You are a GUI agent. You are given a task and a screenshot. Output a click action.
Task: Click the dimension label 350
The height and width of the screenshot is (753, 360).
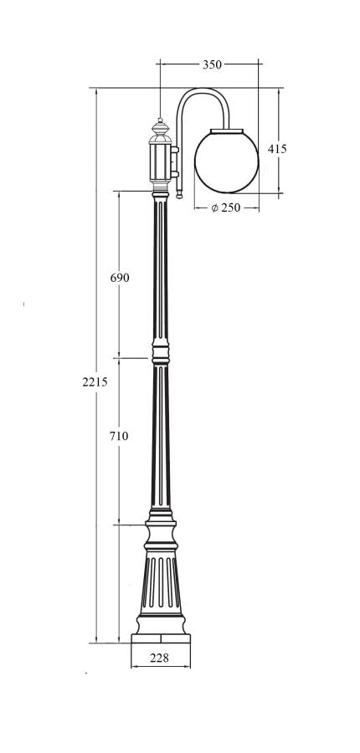212,64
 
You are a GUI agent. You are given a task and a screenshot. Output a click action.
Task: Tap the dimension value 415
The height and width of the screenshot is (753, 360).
277,149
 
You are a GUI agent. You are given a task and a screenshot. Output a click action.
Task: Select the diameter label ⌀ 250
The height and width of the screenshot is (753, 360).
226,208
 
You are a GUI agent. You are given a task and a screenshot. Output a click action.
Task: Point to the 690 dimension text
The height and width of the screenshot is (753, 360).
120,278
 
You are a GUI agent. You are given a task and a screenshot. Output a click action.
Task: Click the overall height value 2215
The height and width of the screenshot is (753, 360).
95,382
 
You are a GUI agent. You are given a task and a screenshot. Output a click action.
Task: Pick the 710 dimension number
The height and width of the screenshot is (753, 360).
119,436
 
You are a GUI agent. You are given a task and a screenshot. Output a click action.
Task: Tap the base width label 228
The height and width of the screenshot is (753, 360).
159,658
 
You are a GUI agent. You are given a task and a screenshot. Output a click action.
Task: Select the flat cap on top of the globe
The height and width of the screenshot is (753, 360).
227,131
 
